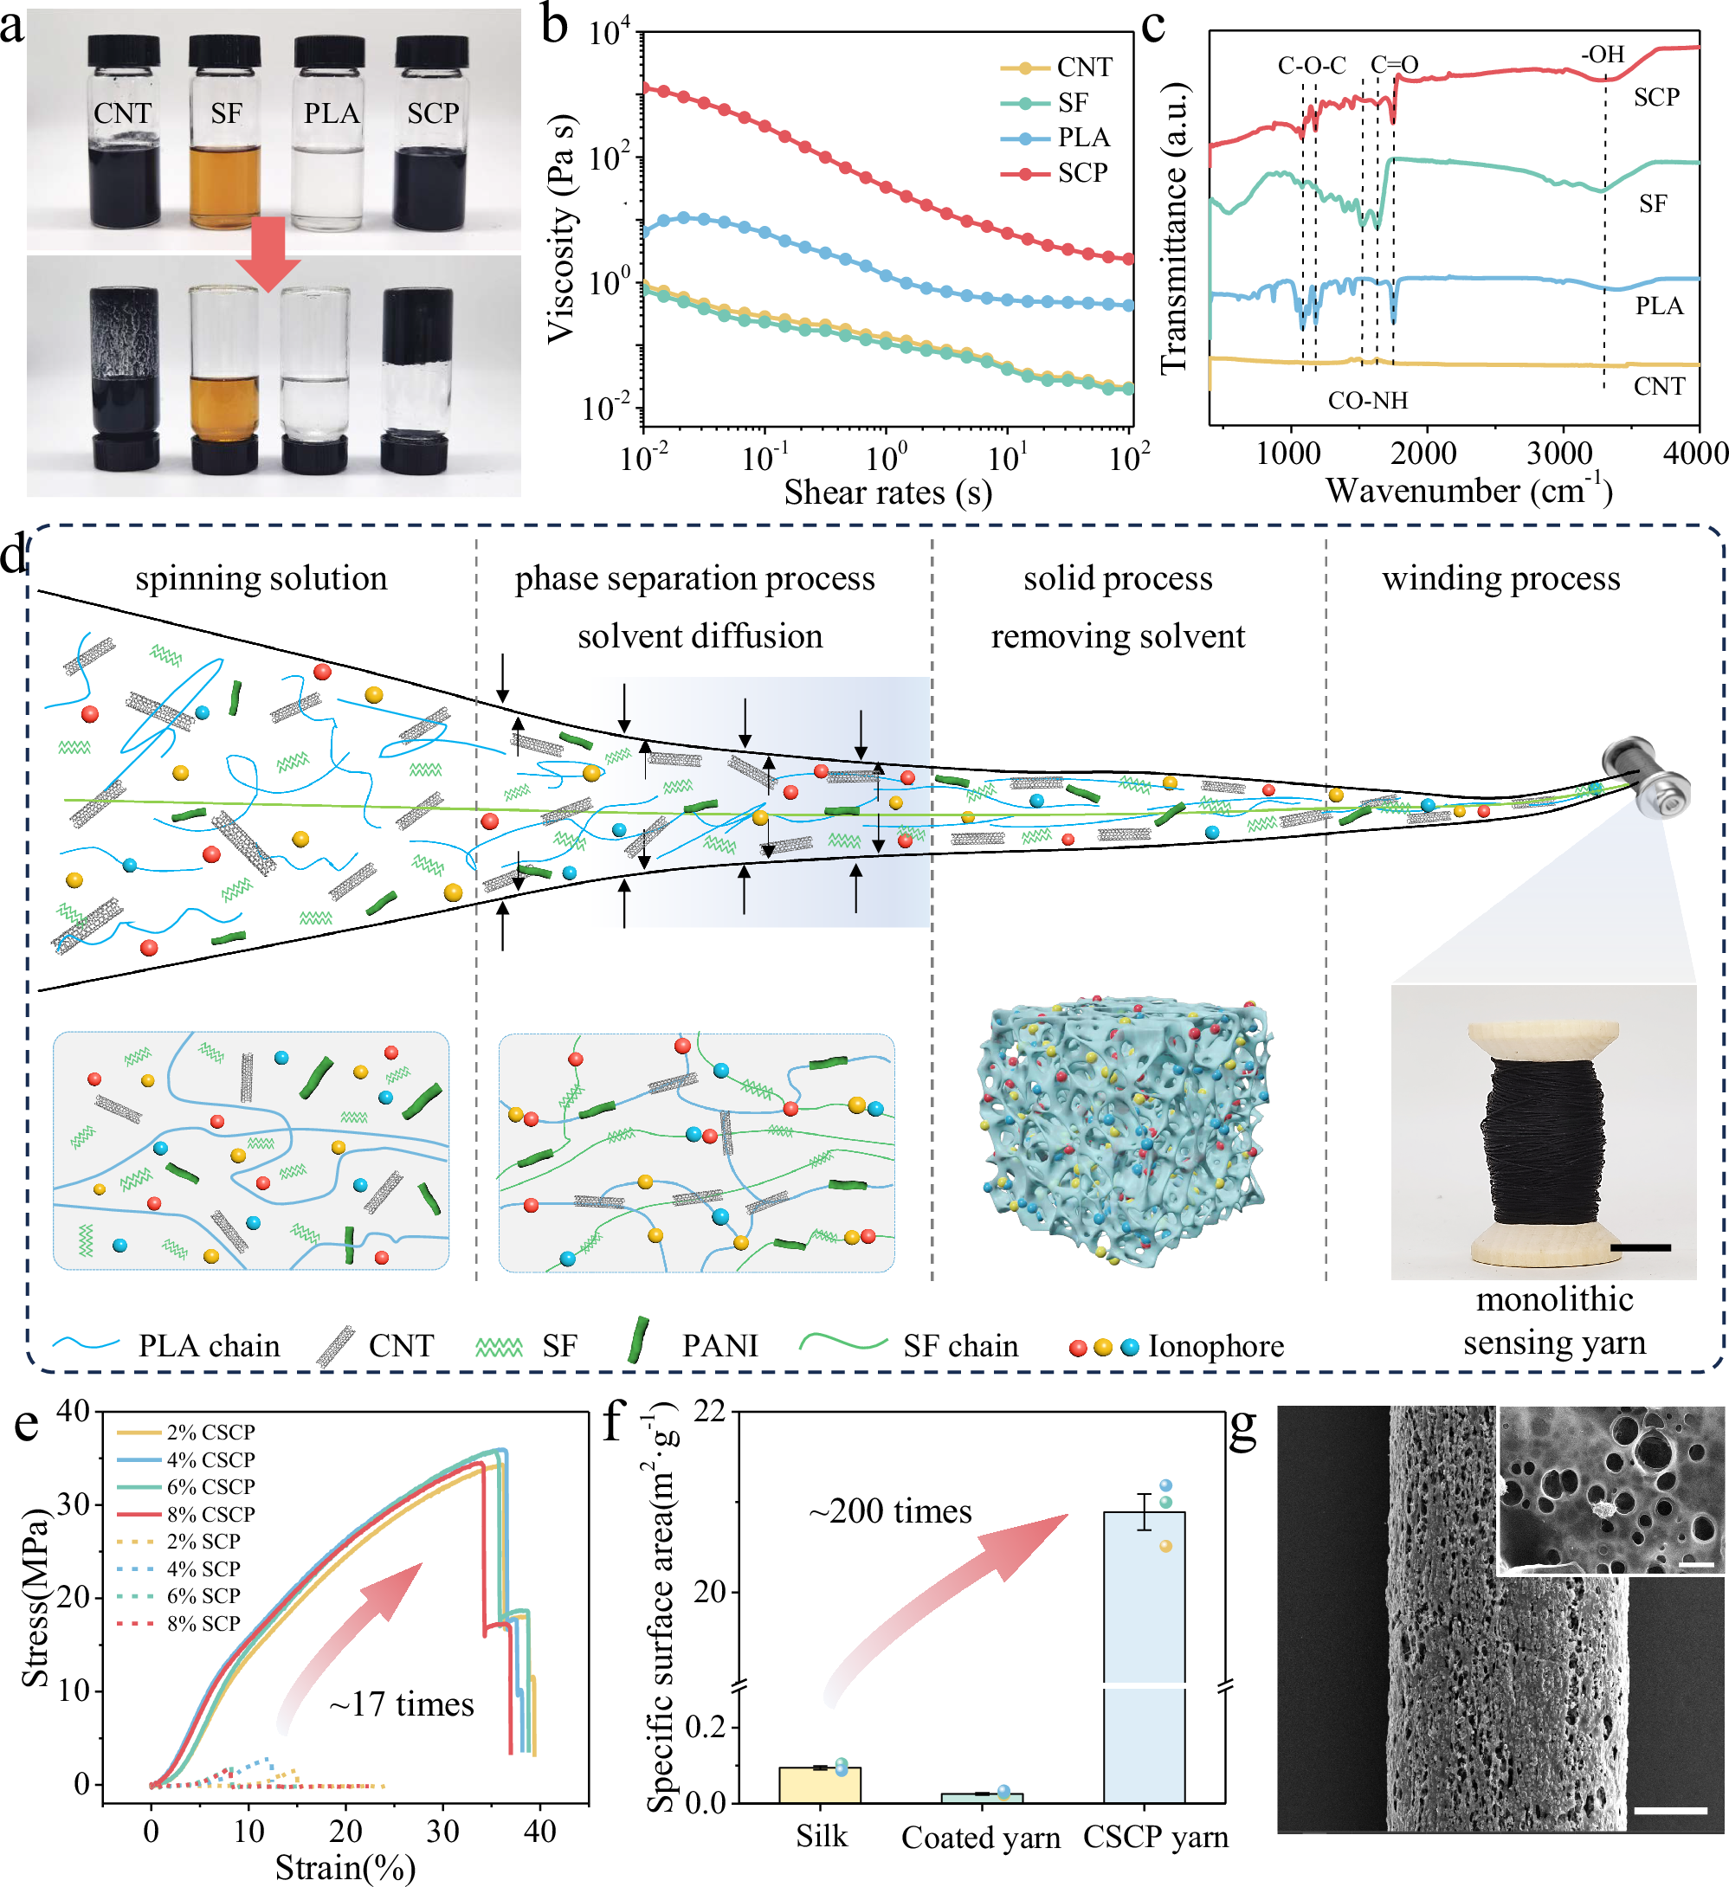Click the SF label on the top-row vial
click(226, 113)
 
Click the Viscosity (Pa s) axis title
click(560, 229)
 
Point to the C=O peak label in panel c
click(1394, 65)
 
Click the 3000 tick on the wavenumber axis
click(1558, 454)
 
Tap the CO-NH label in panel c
click(1367, 401)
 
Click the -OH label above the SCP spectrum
click(1603, 55)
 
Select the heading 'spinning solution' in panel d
click(261, 577)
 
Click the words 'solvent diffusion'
click(700, 636)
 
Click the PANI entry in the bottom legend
click(719, 1345)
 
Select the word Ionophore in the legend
click(1215, 1346)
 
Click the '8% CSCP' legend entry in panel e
click(210, 1514)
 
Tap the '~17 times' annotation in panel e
click(401, 1703)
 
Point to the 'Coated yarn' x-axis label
click(980, 1838)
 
